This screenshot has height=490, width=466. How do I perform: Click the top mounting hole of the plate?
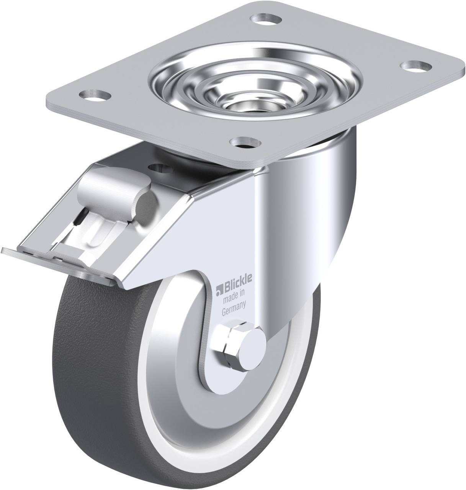click(266, 18)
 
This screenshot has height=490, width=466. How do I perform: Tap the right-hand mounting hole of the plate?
click(415, 65)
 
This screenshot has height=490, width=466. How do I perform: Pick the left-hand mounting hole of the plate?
click(95, 95)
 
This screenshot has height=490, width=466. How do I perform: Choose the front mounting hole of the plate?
click(245, 142)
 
